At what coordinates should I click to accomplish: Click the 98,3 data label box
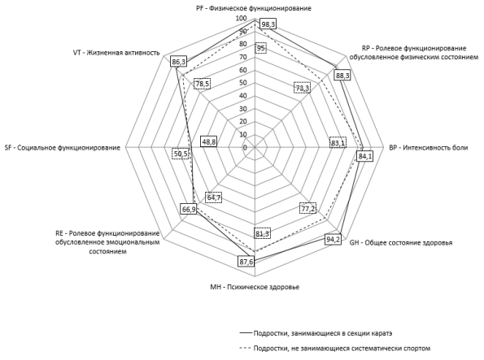point(268,24)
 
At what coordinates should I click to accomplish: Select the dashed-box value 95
point(261,48)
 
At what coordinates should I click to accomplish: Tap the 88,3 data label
point(342,76)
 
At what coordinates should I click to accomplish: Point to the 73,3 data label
point(302,89)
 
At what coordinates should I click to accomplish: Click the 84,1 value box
point(364,156)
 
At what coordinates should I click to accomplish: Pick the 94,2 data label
point(333,240)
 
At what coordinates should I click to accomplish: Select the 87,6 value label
point(246,262)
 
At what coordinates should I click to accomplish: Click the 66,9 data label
point(188,210)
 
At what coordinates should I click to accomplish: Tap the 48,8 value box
point(209,141)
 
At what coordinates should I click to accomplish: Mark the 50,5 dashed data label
point(181,154)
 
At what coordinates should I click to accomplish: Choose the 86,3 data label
point(179,62)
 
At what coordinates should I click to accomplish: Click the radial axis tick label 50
point(243,83)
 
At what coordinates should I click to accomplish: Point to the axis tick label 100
point(241,18)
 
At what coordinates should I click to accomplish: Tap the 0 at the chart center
point(245,147)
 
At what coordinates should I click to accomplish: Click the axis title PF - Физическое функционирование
point(254,8)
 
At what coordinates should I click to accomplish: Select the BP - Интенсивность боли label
point(429,148)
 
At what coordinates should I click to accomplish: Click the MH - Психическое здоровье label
point(255,287)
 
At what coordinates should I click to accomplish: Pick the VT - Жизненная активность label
point(116,53)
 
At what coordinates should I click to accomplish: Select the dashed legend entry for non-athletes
point(335,349)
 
